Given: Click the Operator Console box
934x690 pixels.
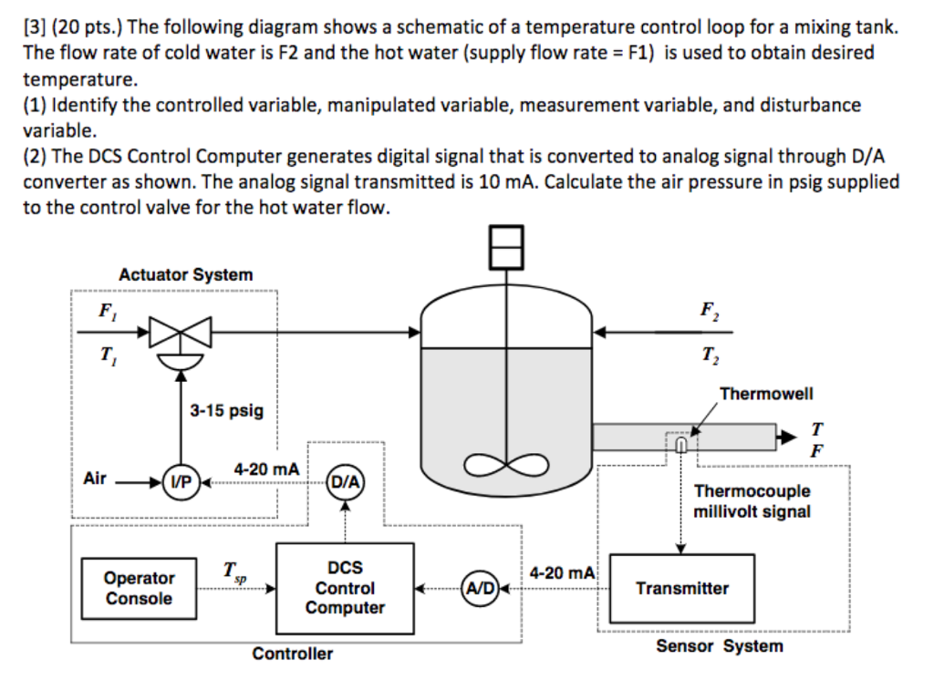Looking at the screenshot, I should coord(139,588).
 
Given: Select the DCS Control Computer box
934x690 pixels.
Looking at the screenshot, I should coord(344,588).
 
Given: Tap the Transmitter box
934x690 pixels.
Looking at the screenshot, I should coord(682,588).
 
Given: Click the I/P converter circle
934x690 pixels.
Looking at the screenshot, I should coord(181,481).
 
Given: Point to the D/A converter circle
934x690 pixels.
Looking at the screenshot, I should coord(345,481).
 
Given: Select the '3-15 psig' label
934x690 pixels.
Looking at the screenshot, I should coord(226,410).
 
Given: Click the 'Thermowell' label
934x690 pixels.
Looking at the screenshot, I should coord(766,394).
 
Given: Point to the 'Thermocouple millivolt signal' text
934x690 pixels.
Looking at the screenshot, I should coord(752,501).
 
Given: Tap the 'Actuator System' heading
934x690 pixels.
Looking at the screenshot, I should coord(186,274).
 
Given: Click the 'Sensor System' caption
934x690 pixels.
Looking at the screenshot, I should coord(719,646).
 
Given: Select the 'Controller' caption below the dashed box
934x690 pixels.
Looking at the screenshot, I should coord(292,654).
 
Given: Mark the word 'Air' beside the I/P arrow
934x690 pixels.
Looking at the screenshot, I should coord(95,478).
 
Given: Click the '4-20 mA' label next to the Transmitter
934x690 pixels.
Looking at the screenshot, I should coord(562,573).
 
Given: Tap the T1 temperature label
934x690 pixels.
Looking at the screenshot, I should coord(108,356).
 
